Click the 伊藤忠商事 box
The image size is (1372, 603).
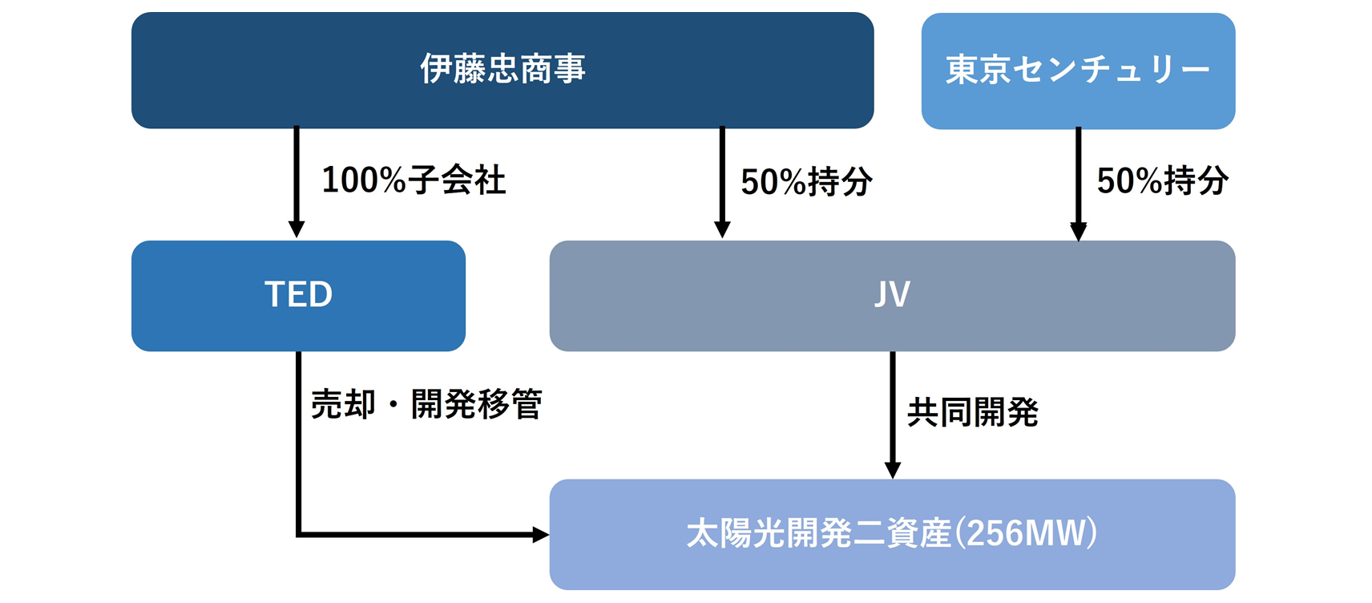(x=502, y=70)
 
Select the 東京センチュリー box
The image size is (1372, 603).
(x=1078, y=71)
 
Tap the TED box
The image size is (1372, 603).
(x=298, y=295)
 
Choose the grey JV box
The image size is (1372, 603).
(x=893, y=295)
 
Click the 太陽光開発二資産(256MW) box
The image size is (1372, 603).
(x=893, y=534)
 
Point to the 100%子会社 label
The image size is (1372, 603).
(x=414, y=180)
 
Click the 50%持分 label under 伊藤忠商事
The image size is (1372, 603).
(x=807, y=182)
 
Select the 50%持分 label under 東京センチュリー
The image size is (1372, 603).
(x=1163, y=180)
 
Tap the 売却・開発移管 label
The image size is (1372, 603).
(x=426, y=404)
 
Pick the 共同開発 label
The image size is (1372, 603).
(x=973, y=412)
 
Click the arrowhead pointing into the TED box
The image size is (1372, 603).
(x=297, y=230)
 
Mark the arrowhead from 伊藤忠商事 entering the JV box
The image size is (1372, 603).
(x=722, y=230)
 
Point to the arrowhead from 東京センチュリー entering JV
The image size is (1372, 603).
(x=1078, y=232)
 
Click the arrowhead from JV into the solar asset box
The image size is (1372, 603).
(x=893, y=470)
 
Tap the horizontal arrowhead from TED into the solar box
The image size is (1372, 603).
(x=541, y=535)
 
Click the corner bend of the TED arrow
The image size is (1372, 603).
(x=298, y=535)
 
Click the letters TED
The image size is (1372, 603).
(x=298, y=294)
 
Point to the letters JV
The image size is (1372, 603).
(x=893, y=294)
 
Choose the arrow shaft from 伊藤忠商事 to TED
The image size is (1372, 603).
(x=297, y=174)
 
